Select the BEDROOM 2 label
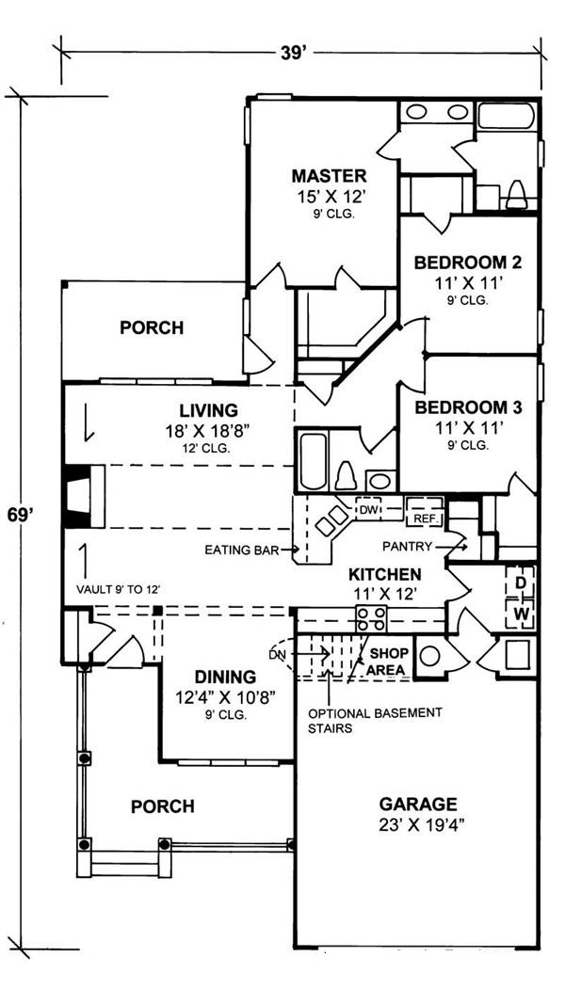click(467, 263)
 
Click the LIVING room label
click(208, 410)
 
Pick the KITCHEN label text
click(384, 574)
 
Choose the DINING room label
click(225, 677)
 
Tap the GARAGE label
click(417, 805)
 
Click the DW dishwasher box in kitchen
click(368, 509)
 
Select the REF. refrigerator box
click(420, 518)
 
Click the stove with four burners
click(369, 619)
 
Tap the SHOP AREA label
click(387, 661)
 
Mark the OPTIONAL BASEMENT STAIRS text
click(375, 720)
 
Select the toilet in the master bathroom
click(516, 194)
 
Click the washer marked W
click(519, 614)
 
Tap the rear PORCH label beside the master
click(152, 328)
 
